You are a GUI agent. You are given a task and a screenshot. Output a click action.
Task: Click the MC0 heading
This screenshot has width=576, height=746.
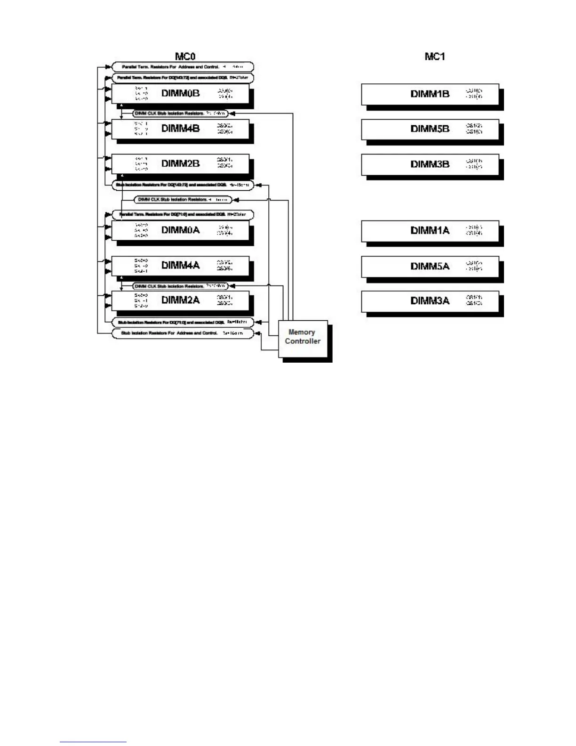[x=185, y=57]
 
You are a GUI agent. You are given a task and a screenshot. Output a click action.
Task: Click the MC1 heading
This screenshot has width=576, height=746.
[x=434, y=57]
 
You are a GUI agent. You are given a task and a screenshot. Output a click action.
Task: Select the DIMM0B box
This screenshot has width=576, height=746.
[x=181, y=93]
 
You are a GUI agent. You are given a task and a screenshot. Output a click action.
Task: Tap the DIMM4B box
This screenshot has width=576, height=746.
[x=181, y=129]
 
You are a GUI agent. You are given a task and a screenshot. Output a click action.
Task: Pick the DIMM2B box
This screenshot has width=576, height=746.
[x=181, y=163]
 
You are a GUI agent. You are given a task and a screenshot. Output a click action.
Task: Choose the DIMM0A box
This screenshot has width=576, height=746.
[x=181, y=230]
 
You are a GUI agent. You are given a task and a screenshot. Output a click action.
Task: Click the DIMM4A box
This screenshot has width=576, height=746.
[x=181, y=266]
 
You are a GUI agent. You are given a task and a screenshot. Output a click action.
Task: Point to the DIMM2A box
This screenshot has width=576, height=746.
[x=181, y=300]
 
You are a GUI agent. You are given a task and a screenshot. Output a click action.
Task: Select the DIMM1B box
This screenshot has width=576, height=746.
[x=430, y=94]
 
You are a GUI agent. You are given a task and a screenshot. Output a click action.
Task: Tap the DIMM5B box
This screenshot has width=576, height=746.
[x=430, y=129]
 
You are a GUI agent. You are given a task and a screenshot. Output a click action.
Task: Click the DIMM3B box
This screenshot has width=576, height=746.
[x=430, y=164]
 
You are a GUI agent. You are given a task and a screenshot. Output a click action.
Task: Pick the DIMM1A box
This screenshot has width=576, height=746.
[x=430, y=230]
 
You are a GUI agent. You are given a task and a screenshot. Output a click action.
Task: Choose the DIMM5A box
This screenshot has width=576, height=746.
[x=430, y=266]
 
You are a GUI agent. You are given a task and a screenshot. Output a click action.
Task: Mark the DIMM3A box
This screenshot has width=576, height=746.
[x=430, y=300]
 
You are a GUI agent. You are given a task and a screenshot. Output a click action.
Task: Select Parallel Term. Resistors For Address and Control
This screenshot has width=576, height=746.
[x=183, y=67]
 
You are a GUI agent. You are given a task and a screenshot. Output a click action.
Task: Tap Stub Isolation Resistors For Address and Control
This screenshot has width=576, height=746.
[x=183, y=333]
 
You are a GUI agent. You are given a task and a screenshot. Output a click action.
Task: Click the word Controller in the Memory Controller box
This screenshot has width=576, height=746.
[x=303, y=341]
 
